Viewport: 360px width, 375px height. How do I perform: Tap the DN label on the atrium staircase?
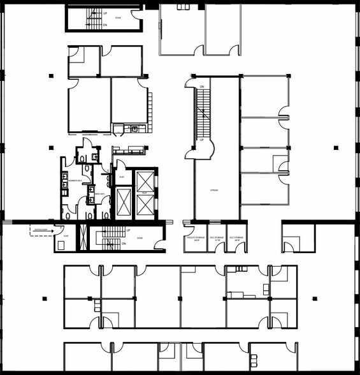(201, 86)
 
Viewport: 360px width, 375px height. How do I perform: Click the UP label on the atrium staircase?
(201, 139)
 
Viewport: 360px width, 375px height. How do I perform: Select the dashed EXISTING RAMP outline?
(41, 230)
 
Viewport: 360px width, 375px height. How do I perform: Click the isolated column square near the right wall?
(335, 147)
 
